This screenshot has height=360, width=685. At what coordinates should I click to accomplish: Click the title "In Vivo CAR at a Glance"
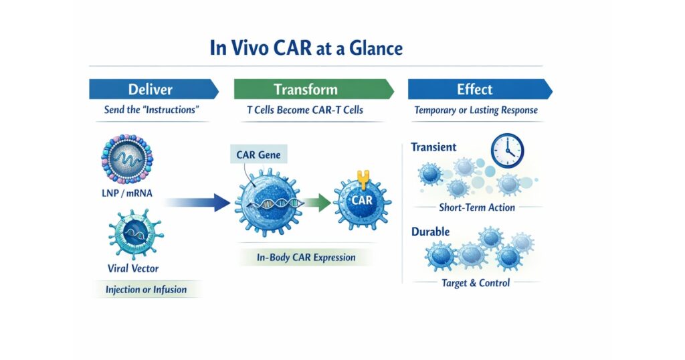point(306,48)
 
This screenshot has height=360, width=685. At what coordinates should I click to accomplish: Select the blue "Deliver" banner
point(154,89)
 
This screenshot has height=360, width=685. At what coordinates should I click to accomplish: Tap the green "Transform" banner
point(314,89)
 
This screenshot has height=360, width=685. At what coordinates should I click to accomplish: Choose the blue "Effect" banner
point(480,89)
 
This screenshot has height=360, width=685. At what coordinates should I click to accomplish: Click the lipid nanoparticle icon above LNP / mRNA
point(127,159)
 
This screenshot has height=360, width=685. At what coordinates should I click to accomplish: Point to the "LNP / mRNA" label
point(127,193)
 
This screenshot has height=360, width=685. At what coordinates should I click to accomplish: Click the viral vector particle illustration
point(135,234)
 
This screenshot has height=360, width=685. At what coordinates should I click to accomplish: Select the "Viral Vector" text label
point(133,268)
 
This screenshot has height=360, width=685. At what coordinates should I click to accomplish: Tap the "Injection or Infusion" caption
point(146,289)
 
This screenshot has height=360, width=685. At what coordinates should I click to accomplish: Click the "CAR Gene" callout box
point(259,155)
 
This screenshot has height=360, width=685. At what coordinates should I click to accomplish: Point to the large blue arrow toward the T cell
point(197,202)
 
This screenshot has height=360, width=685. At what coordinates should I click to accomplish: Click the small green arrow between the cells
point(318,202)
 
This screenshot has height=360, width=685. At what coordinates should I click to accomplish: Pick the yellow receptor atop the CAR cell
point(363,179)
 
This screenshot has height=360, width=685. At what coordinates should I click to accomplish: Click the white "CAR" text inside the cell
point(362,201)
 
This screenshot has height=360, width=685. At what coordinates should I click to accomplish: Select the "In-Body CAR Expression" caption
point(306,258)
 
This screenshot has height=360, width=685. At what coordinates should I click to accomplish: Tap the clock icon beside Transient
point(507,151)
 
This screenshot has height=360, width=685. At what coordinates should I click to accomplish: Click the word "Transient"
point(433,147)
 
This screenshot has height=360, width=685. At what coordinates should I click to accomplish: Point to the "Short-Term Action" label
point(477,207)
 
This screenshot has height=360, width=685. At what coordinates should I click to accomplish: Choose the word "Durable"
point(430,232)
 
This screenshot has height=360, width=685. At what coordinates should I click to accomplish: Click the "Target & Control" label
point(476,283)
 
